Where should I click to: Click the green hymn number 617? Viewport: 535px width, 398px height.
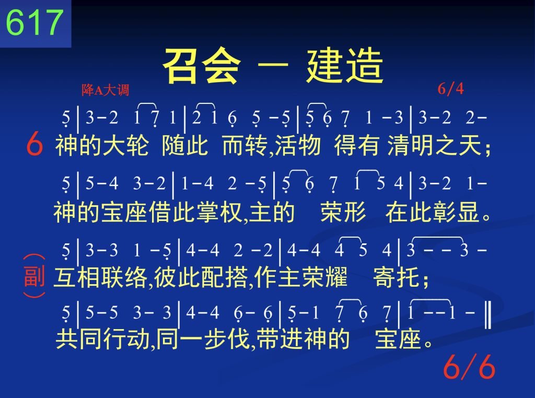34,22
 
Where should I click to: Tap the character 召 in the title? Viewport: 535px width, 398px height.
181,65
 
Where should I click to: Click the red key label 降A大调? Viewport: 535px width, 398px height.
105,90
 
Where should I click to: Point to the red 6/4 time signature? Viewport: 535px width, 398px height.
450,89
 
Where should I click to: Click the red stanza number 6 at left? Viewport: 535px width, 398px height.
34,144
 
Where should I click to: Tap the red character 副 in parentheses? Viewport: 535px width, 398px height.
34,276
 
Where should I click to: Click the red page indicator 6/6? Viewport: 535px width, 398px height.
469,367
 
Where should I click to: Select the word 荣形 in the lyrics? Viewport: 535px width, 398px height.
343,212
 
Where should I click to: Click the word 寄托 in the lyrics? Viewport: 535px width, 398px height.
396,277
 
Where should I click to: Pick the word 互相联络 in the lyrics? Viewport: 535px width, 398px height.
100,277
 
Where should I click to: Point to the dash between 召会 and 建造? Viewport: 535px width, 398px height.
273,65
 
